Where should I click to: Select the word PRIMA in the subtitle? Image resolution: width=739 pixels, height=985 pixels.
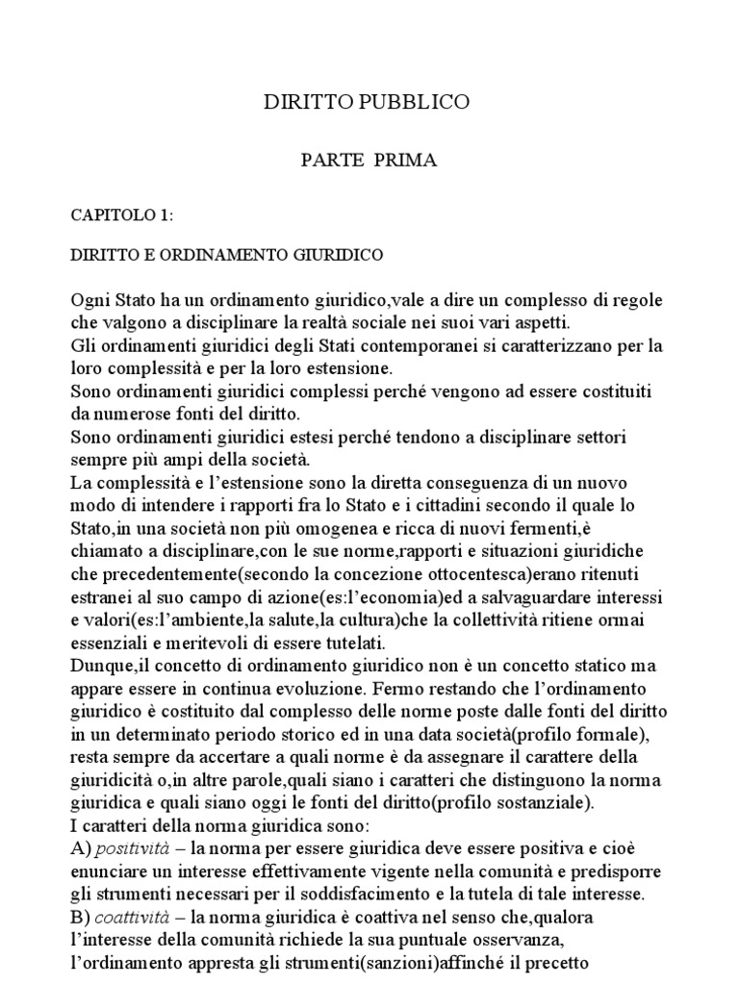(x=406, y=161)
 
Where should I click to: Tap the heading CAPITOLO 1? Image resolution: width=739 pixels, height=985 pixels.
(x=122, y=215)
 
